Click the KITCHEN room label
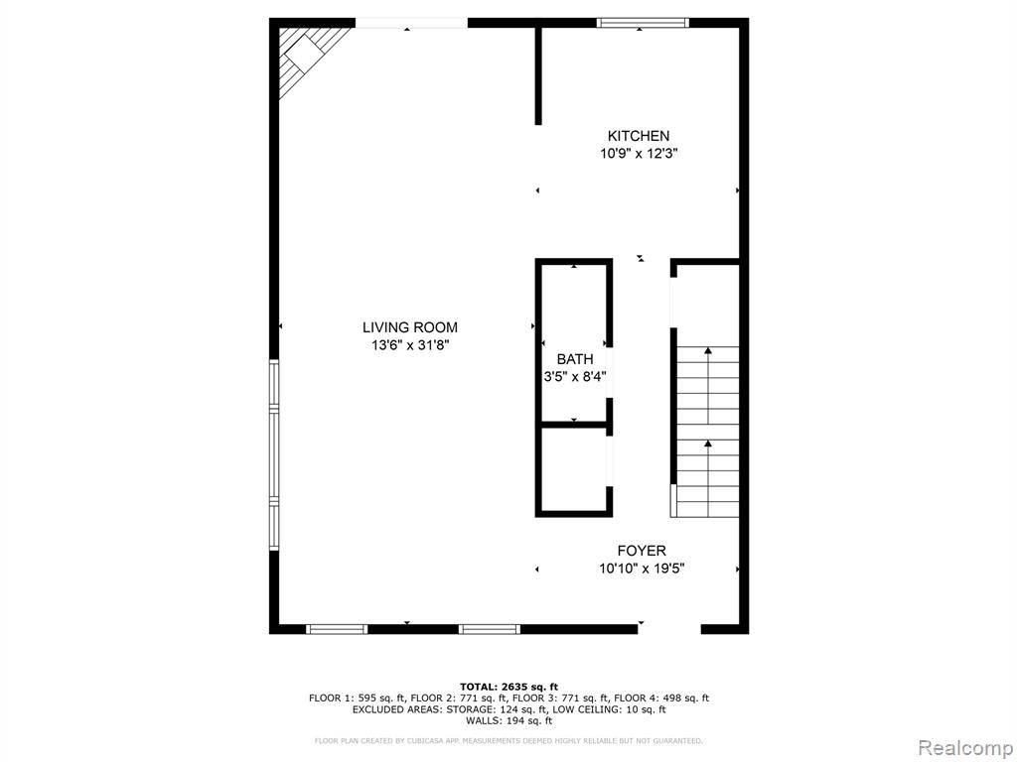[x=639, y=136]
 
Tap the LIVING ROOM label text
[x=410, y=327]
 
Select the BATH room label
[x=575, y=359]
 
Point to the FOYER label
[x=642, y=551]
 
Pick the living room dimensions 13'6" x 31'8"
[x=410, y=345]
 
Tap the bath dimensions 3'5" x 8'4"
[x=575, y=376]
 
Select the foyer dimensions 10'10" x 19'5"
[x=642, y=569]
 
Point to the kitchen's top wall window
[x=643, y=23]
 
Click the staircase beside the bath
[x=707, y=431]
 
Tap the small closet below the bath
[x=574, y=468]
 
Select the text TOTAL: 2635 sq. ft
[x=508, y=687]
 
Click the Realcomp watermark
[x=965, y=748]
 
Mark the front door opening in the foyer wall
[x=669, y=628]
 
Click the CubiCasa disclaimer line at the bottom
[x=508, y=740]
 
